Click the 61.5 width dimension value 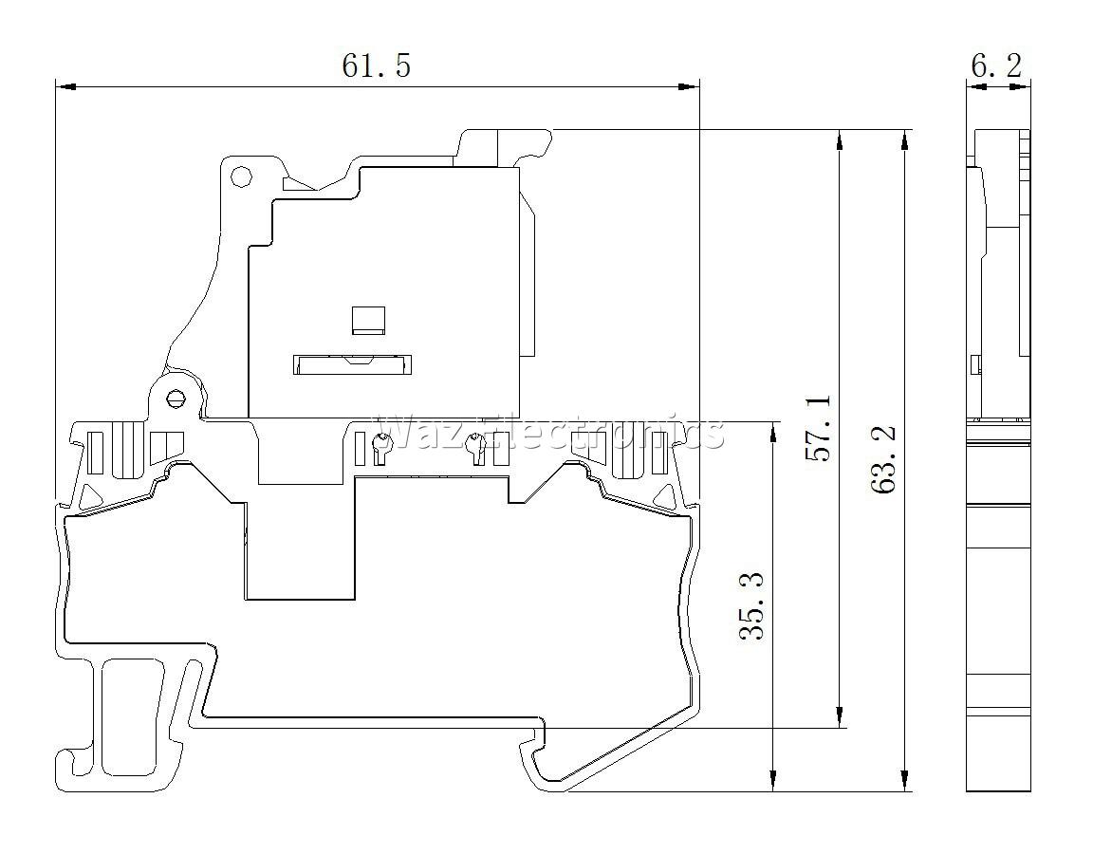coord(376,65)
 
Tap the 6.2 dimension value coord(996,65)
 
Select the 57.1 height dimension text coord(819,428)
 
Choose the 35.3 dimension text coord(751,605)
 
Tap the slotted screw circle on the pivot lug coord(174,399)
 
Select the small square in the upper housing coord(369,321)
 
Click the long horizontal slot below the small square coord(352,364)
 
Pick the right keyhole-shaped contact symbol coord(477,448)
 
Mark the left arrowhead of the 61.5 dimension coord(65,87)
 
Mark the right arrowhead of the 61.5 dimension coord(689,87)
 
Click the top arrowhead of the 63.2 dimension coord(905,140)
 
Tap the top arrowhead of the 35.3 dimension coord(772,433)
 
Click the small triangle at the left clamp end coord(89,496)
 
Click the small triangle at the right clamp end coord(663,496)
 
